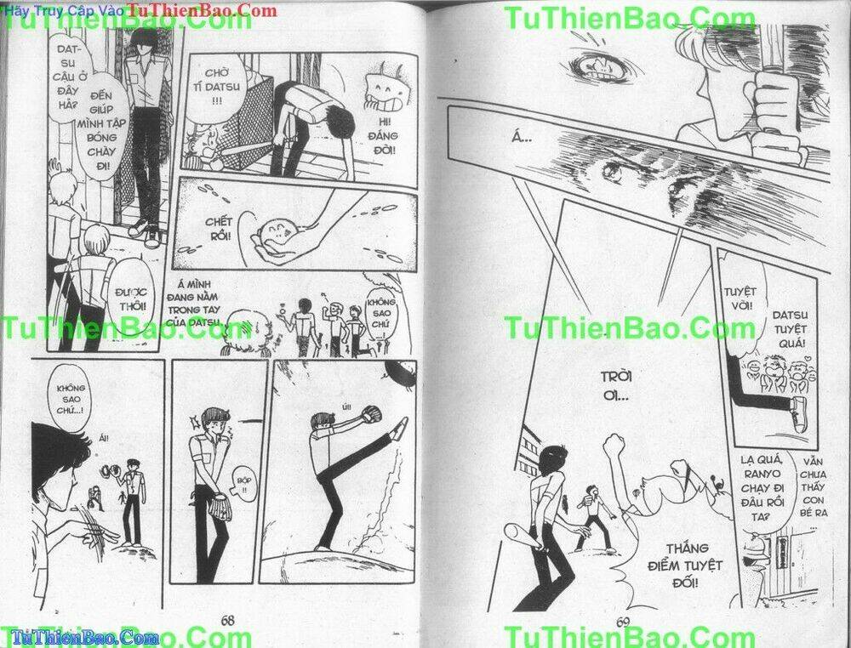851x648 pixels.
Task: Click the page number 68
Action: pyautogui.click(x=228, y=620)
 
